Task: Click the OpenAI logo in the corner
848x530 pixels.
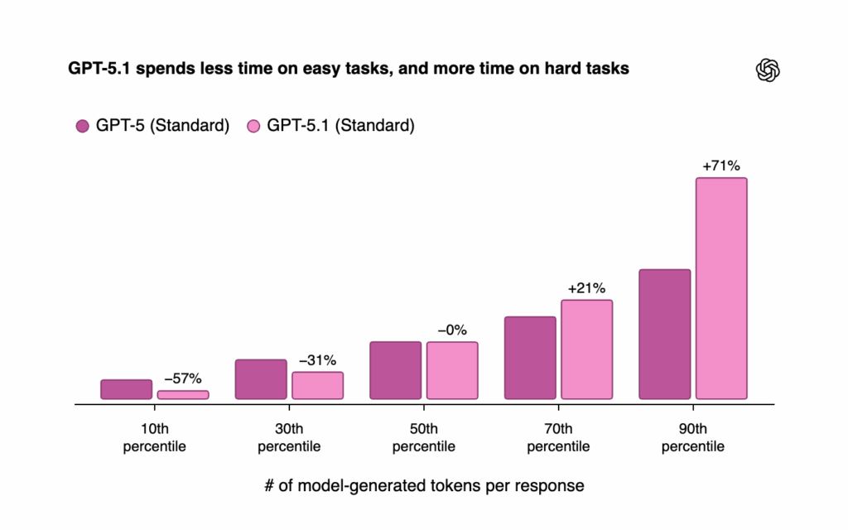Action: point(768,70)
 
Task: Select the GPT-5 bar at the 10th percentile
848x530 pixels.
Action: point(127,389)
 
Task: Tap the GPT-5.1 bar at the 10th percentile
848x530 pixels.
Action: point(183,395)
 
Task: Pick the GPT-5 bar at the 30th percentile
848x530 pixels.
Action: point(261,379)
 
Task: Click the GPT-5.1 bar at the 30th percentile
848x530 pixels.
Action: point(317,385)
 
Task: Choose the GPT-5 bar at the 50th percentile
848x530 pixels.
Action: point(396,370)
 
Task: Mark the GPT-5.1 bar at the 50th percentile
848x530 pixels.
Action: point(452,370)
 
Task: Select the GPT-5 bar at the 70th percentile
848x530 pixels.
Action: point(530,358)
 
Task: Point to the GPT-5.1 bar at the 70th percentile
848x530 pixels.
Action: point(586,349)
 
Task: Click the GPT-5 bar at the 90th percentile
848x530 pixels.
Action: point(665,335)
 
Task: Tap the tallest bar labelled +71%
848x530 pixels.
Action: point(721,288)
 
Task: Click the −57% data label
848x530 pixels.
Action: point(183,378)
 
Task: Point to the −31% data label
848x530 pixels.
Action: point(317,360)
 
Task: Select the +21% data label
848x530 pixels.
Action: point(586,288)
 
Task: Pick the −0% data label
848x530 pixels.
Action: point(452,330)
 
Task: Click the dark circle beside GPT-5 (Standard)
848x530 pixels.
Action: point(82,127)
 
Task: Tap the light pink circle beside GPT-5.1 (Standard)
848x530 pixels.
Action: point(254,127)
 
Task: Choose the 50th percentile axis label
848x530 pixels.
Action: point(423,438)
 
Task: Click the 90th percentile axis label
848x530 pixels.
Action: point(693,438)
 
